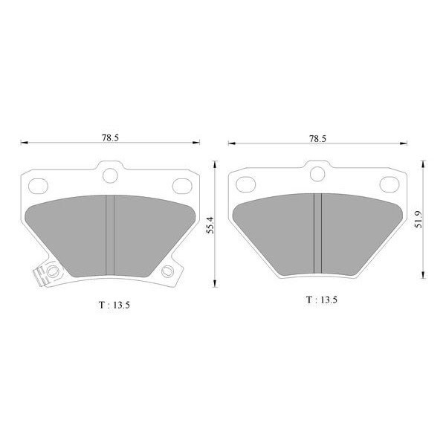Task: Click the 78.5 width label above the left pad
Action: (110, 138)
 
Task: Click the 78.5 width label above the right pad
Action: (317, 139)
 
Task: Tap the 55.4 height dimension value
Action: (210, 225)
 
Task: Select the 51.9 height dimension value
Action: (418, 219)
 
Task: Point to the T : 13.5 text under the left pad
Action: (114, 306)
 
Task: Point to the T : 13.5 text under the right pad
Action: (322, 300)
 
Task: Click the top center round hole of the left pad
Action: (110, 175)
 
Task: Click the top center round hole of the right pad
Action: (317, 174)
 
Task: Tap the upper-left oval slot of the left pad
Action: (38, 186)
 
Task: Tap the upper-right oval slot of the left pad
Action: (182, 186)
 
